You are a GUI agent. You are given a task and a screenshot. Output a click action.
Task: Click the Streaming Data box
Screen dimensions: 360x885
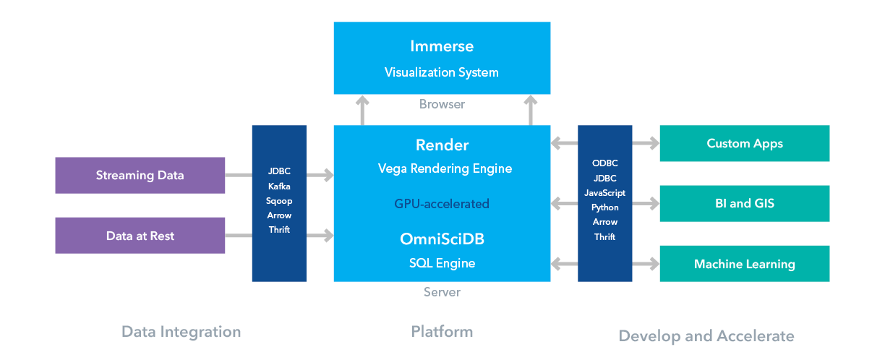(140, 176)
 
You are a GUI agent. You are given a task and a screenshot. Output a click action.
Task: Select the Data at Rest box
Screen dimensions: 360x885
(140, 236)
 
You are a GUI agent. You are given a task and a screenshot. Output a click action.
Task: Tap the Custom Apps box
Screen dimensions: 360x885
(744, 143)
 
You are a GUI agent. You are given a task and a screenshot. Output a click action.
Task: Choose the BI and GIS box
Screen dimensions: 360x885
(744, 203)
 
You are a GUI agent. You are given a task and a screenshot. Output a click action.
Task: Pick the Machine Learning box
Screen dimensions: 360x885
(744, 264)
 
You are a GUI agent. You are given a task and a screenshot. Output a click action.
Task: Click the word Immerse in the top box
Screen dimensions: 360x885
(442, 46)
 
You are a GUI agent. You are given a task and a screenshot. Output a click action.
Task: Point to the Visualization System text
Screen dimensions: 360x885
(442, 72)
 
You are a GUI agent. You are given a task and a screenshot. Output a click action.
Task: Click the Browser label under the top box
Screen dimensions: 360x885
(442, 104)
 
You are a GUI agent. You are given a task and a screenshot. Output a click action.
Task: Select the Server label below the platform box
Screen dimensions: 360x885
(442, 292)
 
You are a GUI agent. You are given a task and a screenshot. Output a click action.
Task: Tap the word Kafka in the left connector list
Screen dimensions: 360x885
(279, 187)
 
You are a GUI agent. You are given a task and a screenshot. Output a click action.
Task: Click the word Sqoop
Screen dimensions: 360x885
(279, 201)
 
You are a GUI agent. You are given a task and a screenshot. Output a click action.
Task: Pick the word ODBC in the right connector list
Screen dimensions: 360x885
(605, 163)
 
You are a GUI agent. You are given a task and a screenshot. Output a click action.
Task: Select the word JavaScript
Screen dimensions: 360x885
(605, 193)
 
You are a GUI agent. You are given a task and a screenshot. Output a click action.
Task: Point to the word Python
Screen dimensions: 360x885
(605, 207)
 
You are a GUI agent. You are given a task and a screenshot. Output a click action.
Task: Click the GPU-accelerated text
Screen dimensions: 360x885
(442, 204)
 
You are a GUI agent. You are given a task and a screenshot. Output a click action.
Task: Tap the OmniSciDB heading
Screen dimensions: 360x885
(442, 239)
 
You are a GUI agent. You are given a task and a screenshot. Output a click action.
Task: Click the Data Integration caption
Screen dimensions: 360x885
(181, 332)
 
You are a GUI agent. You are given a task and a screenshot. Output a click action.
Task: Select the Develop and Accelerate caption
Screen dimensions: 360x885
(706, 335)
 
